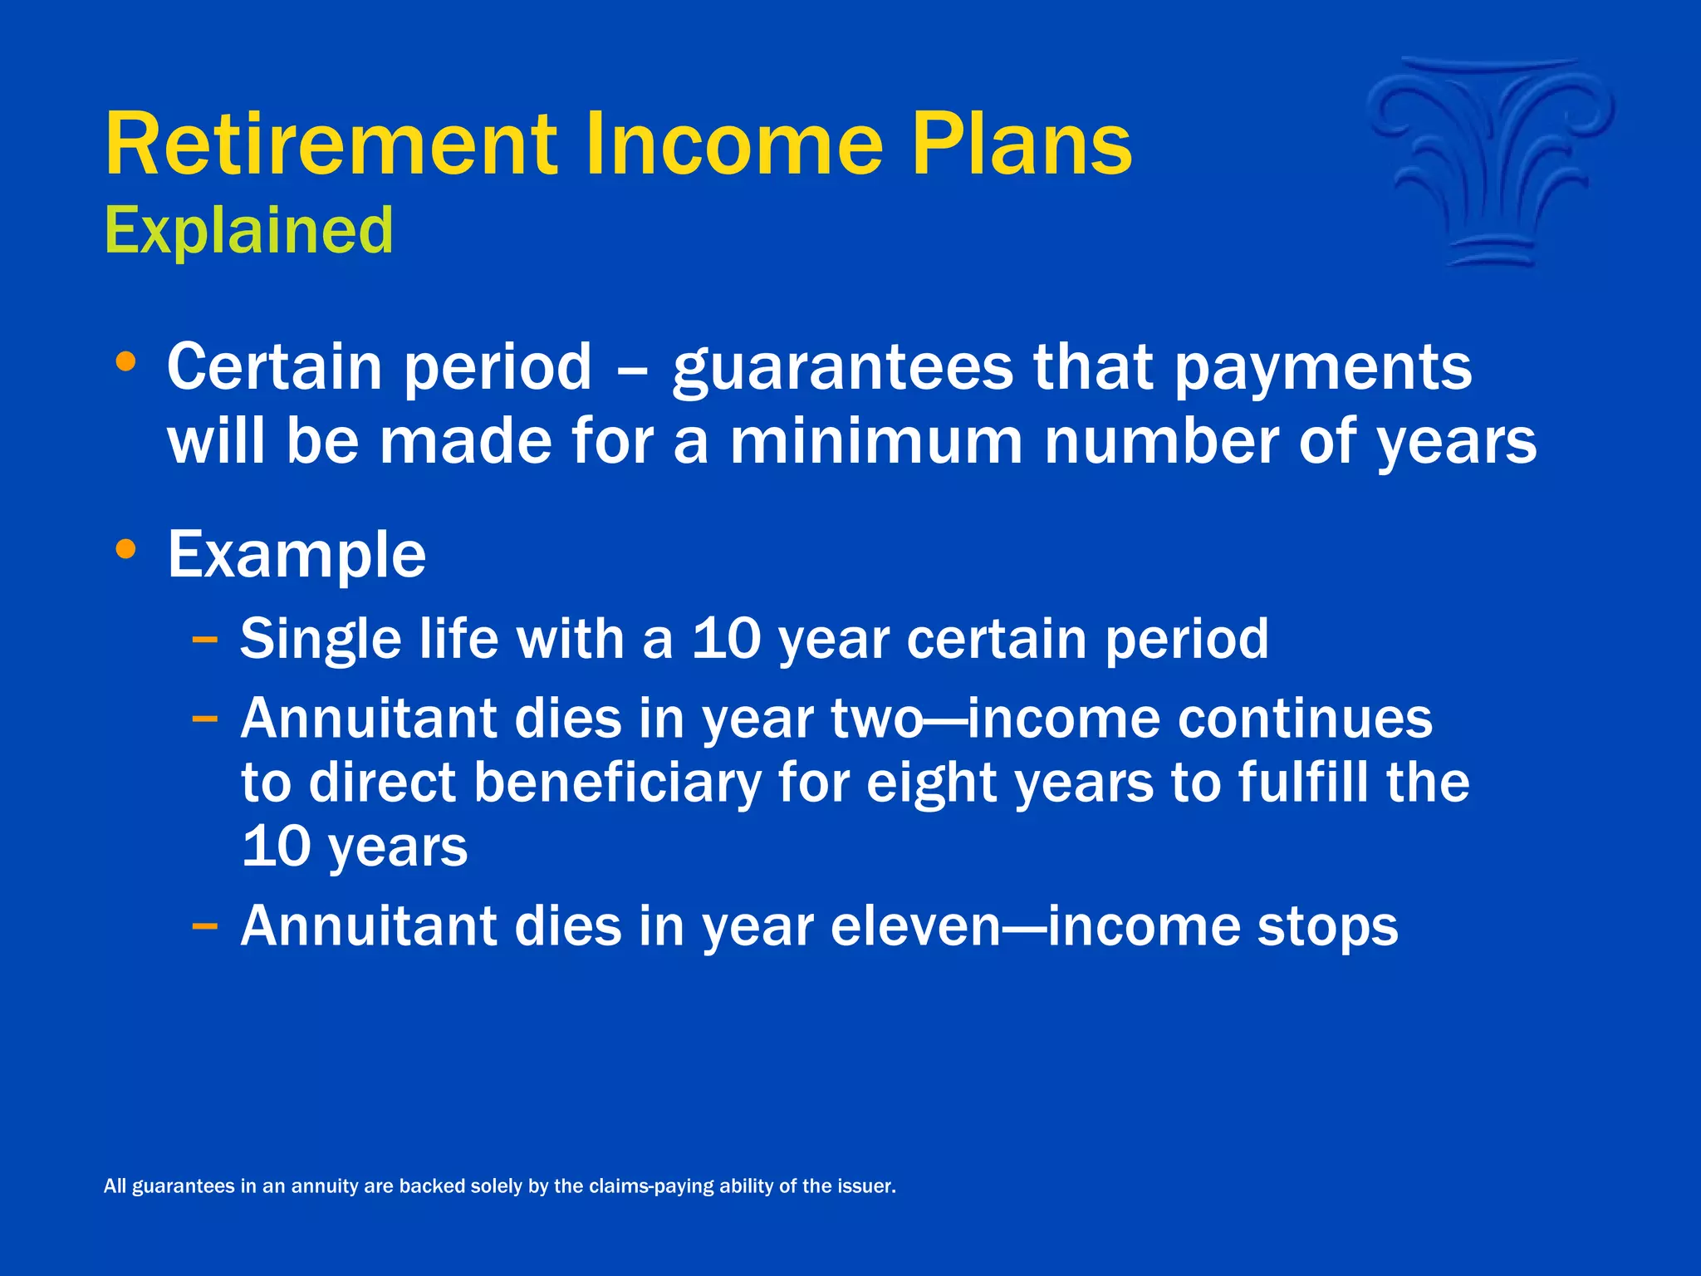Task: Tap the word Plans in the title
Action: [x=1022, y=145]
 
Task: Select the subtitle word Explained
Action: [x=248, y=231]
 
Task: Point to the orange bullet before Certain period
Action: [x=126, y=362]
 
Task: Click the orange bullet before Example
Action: [x=126, y=549]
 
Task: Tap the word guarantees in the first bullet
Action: [x=842, y=368]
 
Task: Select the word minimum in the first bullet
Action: [x=875, y=441]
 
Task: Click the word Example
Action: [x=297, y=555]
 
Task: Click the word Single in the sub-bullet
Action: [x=320, y=640]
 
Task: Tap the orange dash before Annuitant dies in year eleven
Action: [x=204, y=925]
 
